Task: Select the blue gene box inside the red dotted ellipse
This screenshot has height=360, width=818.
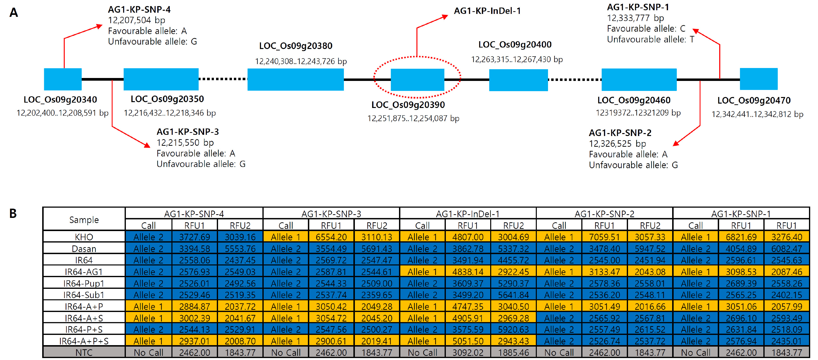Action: click(417, 80)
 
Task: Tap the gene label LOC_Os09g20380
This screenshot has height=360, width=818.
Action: click(296, 46)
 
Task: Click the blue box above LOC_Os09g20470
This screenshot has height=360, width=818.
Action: click(759, 79)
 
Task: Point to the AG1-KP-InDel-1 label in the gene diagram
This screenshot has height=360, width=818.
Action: click(487, 11)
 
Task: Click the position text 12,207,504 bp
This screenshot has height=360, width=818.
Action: click(137, 20)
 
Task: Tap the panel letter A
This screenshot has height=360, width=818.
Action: click(14, 13)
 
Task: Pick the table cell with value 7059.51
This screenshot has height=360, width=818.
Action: click(604, 237)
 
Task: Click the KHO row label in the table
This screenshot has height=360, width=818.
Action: click(84, 237)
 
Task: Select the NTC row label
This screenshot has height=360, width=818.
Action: click(84, 352)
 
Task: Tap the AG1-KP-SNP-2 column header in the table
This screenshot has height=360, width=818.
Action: click(604, 214)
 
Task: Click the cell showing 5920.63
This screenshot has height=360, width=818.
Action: click(513, 329)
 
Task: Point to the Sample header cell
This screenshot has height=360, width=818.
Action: click(84, 219)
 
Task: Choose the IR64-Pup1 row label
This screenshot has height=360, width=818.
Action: click(84, 283)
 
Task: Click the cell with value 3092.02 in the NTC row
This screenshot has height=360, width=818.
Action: click(468, 352)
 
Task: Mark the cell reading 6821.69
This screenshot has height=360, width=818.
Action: click(741, 237)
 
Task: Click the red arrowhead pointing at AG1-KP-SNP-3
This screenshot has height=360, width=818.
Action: click(147, 145)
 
